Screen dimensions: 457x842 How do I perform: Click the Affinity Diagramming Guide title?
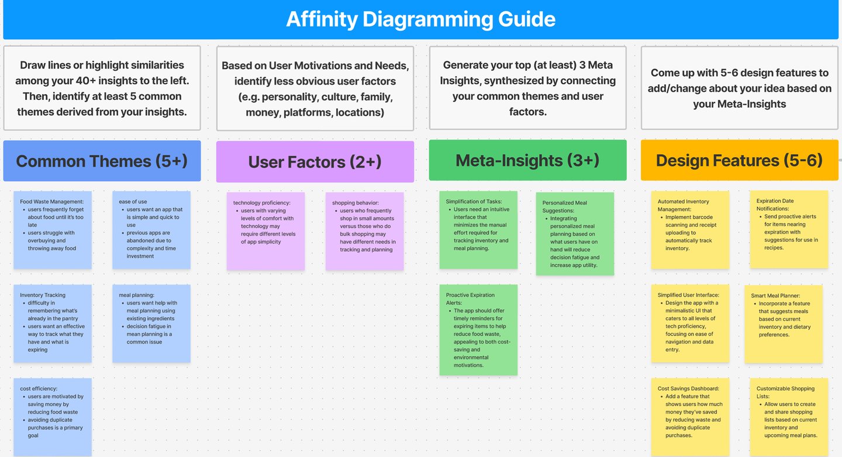pyautogui.click(x=420, y=19)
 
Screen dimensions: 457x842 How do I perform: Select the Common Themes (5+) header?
pyautogui.click(x=102, y=161)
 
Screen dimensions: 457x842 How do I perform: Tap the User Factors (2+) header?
pyautogui.click(x=315, y=162)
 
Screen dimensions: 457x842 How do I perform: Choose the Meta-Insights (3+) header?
pyautogui.click(x=527, y=160)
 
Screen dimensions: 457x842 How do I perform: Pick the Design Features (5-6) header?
pyautogui.click(x=739, y=160)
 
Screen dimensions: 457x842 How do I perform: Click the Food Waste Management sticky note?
pyautogui.click(x=53, y=230)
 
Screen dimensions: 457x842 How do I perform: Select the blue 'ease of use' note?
pyautogui.click(x=151, y=230)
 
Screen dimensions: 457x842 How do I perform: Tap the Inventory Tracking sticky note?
pyautogui.click(x=53, y=323)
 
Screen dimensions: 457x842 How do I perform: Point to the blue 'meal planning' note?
pyautogui.click(x=151, y=323)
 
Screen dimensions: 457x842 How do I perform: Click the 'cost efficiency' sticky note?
pyautogui.click(x=53, y=416)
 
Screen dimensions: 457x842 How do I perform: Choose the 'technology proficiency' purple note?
pyautogui.click(x=265, y=231)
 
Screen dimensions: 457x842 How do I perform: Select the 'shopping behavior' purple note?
pyautogui.click(x=364, y=231)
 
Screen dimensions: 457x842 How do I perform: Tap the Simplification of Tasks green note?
pyautogui.click(x=478, y=230)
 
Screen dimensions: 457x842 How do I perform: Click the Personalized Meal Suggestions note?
pyautogui.click(x=575, y=234)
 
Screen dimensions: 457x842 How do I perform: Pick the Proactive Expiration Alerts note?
pyautogui.click(x=478, y=330)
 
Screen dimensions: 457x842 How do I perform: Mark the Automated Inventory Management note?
pyautogui.click(x=690, y=230)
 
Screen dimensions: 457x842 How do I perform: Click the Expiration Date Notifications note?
pyautogui.click(x=789, y=229)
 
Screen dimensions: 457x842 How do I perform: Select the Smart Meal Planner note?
pyautogui.click(x=784, y=324)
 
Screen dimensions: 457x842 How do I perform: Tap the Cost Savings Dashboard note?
pyautogui.click(x=690, y=417)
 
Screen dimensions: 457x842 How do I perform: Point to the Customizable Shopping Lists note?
pyautogui.click(x=789, y=417)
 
